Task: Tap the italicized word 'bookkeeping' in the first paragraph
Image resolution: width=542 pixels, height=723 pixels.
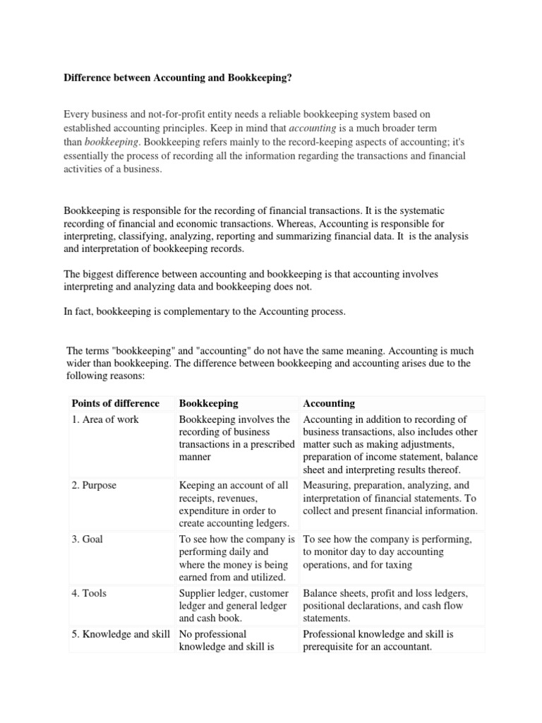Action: [x=107, y=142]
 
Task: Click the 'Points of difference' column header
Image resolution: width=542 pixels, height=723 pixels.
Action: [x=116, y=404]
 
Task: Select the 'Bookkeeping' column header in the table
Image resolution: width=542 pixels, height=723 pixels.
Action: [x=209, y=404]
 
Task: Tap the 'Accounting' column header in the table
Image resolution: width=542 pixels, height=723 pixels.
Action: [x=329, y=404]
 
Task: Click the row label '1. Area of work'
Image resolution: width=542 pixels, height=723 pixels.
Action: [x=106, y=420]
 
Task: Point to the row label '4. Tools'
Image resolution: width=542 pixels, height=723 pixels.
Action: [x=90, y=593]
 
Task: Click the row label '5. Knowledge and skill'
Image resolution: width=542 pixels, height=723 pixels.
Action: [x=121, y=634]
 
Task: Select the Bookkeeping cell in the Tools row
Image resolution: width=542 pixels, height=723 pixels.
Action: [x=234, y=606]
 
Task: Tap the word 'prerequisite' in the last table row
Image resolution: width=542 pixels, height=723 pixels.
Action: [x=331, y=647]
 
